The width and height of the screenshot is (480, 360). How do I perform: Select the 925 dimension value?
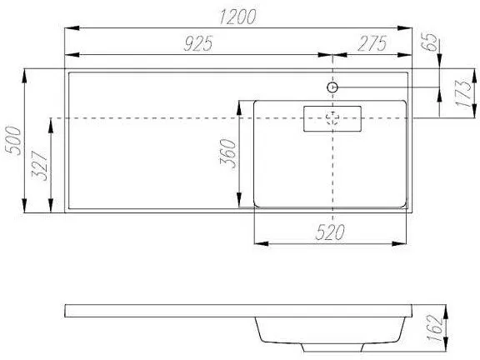point(197,47)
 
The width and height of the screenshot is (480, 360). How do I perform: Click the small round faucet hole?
point(332,87)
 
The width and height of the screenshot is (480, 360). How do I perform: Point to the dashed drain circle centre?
point(332,119)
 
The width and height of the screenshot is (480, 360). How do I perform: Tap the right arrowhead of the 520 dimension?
point(405,244)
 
